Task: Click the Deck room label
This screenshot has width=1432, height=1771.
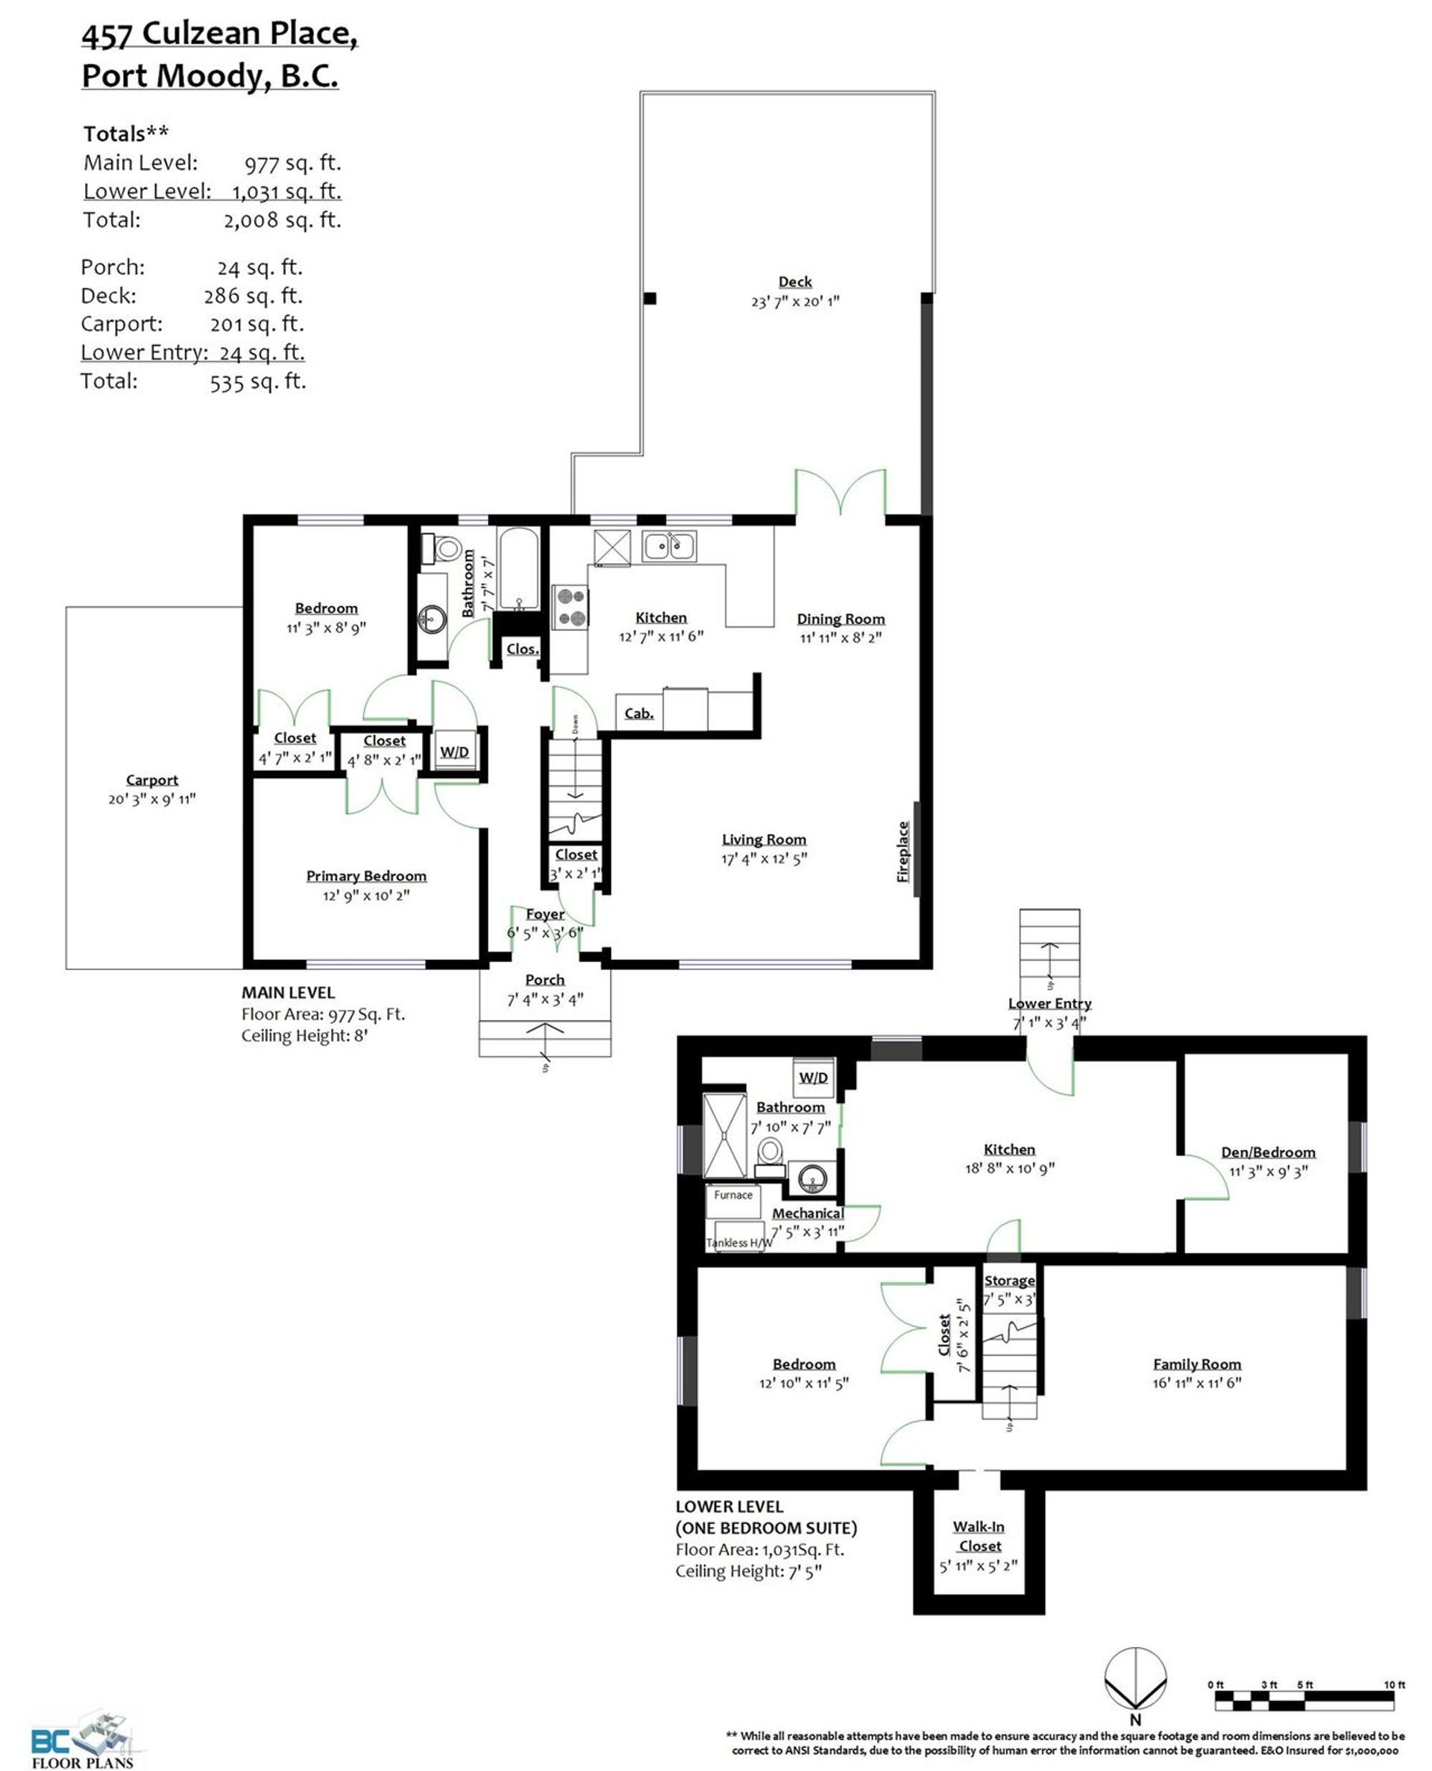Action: point(794,281)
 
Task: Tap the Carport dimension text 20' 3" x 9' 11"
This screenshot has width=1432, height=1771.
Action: point(152,799)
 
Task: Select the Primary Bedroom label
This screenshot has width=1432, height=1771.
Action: point(366,875)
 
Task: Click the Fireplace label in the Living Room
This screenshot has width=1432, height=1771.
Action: point(902,852)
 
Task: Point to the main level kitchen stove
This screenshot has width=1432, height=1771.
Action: point(569,607)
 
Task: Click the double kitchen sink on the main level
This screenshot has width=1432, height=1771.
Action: point(669,546)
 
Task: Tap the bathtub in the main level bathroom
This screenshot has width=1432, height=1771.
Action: point(518,569)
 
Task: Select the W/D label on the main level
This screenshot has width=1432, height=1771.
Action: point(454,752)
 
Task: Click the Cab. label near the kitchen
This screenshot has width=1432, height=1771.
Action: point(639,713)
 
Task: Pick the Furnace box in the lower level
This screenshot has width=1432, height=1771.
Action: point(733,1202)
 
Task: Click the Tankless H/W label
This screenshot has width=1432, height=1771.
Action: point(740,1243)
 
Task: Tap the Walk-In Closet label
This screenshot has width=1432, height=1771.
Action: point(979,1536)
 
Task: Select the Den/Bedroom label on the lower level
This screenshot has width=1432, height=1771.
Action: point(1268,1152)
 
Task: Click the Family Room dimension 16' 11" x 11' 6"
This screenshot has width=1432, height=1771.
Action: point(1197,1382)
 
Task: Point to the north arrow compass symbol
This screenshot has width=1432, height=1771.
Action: point(1136,1678)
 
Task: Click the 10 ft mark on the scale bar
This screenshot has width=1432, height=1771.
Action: point(1394,1685)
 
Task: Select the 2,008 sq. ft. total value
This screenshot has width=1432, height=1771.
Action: point(282,220)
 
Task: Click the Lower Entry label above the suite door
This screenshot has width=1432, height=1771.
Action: point(1049,1004)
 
